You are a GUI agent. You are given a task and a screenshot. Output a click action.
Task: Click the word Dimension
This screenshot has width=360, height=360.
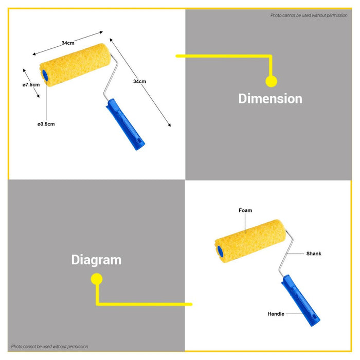tap(270, 99)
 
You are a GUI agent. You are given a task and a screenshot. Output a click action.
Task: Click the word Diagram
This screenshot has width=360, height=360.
tap(97, 260)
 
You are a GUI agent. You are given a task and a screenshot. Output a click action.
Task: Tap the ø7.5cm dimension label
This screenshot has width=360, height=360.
tap(31, 85)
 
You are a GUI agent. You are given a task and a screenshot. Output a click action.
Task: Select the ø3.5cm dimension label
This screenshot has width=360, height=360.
tap(46, 124)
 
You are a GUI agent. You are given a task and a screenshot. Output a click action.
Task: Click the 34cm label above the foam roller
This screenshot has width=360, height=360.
tap(68, 43)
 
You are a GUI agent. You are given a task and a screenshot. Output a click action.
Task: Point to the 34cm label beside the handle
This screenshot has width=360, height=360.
tap(139, 81)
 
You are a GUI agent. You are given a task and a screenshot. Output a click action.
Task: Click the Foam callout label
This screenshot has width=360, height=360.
tap(245, 210)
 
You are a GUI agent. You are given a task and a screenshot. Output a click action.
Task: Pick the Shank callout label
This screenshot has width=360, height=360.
tap(314, 254)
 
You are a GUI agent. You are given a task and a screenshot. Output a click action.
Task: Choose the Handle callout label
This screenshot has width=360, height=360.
tap(276, 314)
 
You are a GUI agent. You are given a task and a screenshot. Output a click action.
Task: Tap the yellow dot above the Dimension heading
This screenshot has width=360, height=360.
tap(272, 81)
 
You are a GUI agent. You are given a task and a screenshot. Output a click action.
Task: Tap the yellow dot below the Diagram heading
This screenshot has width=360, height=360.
tap(97, 279)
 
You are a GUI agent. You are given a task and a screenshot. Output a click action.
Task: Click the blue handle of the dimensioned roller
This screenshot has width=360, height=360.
tap(125, 124)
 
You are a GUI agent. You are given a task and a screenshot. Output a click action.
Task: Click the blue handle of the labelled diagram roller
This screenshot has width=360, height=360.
tap(300, 300)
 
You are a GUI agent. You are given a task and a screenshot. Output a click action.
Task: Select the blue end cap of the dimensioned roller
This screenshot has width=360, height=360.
tap(45, 75)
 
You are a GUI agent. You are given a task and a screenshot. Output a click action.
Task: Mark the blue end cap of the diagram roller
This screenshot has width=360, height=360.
tap(220, 251)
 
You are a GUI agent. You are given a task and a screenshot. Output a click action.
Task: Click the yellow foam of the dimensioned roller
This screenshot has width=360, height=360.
tap(76, 65)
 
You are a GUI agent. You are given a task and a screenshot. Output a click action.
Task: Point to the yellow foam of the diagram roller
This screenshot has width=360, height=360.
tap(251, 241)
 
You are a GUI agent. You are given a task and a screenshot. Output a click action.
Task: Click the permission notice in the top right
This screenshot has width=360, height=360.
tap(309, 15)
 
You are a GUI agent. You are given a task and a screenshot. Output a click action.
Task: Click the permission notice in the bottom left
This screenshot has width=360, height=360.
tap(49, 347)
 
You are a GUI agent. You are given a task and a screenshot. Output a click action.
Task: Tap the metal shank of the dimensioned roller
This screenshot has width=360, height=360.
tap(111, 78)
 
